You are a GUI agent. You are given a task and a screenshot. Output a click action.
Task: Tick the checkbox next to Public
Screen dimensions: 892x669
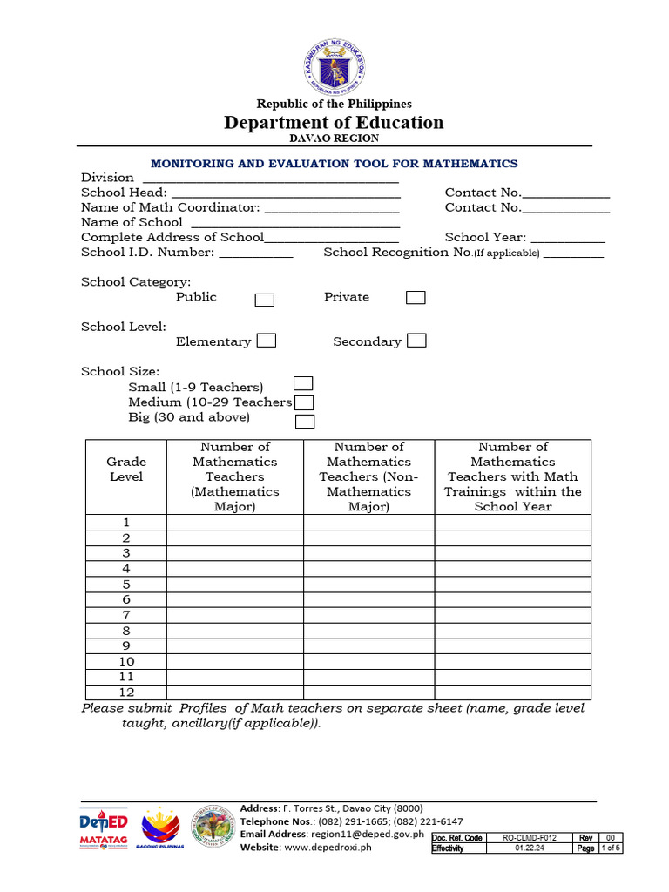click(x=264, y=300)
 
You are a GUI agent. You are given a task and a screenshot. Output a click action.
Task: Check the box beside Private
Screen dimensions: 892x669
click(x=416, y=298)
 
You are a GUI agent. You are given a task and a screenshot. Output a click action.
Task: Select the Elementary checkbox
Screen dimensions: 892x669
click(x=267, y=341)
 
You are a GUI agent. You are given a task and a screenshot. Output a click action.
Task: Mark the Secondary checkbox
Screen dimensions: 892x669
click(x=416, y=341)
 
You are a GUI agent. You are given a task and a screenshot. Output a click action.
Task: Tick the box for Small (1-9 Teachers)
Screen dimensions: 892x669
click(x=303, y=383)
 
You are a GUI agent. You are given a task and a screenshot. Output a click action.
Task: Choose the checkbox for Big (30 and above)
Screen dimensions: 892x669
click(x=304, y=422)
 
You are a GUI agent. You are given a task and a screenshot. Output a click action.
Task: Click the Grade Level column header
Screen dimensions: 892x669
click(x=126, y=470)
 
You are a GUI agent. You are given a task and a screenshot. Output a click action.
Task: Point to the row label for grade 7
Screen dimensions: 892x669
click(x=126, y=615)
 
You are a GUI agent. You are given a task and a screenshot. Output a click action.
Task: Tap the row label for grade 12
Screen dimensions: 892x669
click(x=126, y=693)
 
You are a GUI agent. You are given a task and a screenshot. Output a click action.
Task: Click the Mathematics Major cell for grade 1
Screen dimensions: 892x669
click(x=235, y=522)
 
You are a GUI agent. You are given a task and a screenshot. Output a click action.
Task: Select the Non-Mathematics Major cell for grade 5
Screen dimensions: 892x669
click(x=368, y=584)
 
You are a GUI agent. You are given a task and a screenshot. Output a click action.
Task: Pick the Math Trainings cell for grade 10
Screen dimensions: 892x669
click(x=512, y=661)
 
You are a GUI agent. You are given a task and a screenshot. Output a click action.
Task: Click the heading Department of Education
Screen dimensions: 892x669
click(x=334, y=123)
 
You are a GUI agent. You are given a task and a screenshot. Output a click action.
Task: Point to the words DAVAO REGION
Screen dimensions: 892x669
click(x=334, y=139)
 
